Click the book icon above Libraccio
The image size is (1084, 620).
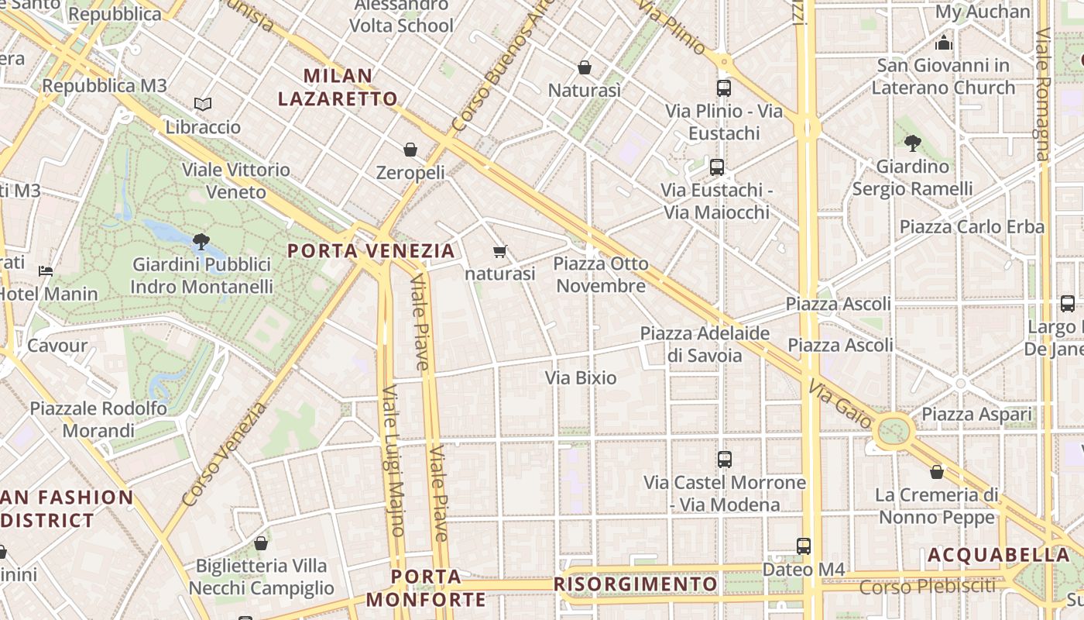coord(203,104)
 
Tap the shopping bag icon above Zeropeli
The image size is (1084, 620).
coord(410,150)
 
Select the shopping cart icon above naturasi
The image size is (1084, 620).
coord(500,251)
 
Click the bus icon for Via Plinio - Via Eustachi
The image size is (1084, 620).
coord(724,88)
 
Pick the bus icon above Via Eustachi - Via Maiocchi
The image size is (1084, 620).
coord(717,167)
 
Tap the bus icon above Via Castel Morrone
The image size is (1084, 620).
coord(725,460)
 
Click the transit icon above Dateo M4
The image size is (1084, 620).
coord(804,546)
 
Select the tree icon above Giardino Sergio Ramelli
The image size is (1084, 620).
coord(912,143)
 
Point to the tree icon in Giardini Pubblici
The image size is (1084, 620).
coord(201,241)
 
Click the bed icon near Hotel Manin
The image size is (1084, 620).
coord(46,271)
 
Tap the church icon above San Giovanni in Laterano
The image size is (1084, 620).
coord(944,42)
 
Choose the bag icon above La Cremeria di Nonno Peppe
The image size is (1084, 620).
coord(937,472)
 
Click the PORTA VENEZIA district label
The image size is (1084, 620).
coord(371,250)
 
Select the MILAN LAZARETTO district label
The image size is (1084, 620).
coord(338,87)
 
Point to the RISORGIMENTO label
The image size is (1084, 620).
coord(636,584)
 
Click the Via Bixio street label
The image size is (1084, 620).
coord(581,378)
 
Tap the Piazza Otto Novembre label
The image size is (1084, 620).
coord(601,275)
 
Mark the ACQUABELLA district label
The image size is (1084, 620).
coord(998,555)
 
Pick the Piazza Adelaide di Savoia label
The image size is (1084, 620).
coord(705,344)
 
